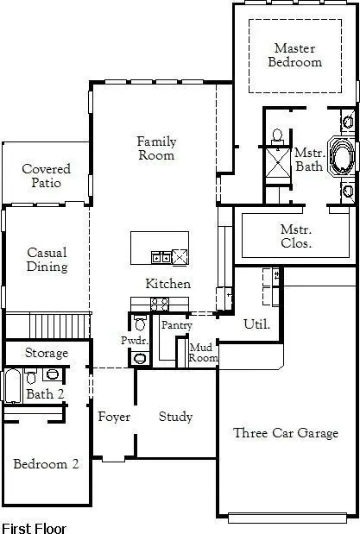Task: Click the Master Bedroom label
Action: coord(294,55)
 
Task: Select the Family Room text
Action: coord(156,148)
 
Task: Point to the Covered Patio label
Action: coord(46,176)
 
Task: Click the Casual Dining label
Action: coord(47,260)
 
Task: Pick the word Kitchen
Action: coord(167,284)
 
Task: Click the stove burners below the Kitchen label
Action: coord(160,303)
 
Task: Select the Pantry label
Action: coord(176,325)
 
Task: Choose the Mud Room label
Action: coord(204,352)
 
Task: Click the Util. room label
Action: coord(257,324)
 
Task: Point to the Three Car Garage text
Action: coord(286,433)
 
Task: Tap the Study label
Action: coord(175,417)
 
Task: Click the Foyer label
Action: coord(113,418)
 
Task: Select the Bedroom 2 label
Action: coord(46,464)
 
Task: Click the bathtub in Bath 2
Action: coord(12,386)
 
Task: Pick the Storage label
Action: coord(46,354)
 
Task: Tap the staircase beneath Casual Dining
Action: coord(60,326)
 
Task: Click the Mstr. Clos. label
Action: coord(296,236)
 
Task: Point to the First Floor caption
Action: coord(34,526)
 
